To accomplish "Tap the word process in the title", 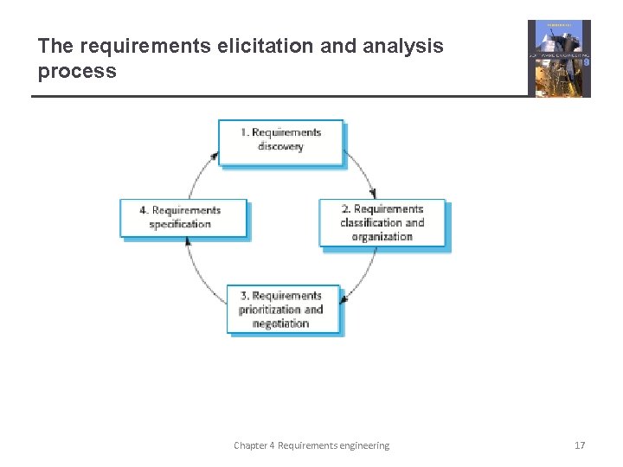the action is click(x=77, y=71).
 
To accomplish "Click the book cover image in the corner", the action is click(x=559, y=58).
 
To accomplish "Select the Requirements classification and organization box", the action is click(x=382, y=223).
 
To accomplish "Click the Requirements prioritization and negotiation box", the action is click(x=282, y=309).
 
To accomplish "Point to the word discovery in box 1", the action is click(x=280, y=147).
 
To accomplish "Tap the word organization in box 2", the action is click(x=382, y=237).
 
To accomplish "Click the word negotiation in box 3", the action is click(x=280, y=323).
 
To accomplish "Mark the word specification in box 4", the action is click(x=180, y=225).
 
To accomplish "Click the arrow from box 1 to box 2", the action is click(x=363, y=172).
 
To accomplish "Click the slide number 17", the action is click(x=580, y=445).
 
